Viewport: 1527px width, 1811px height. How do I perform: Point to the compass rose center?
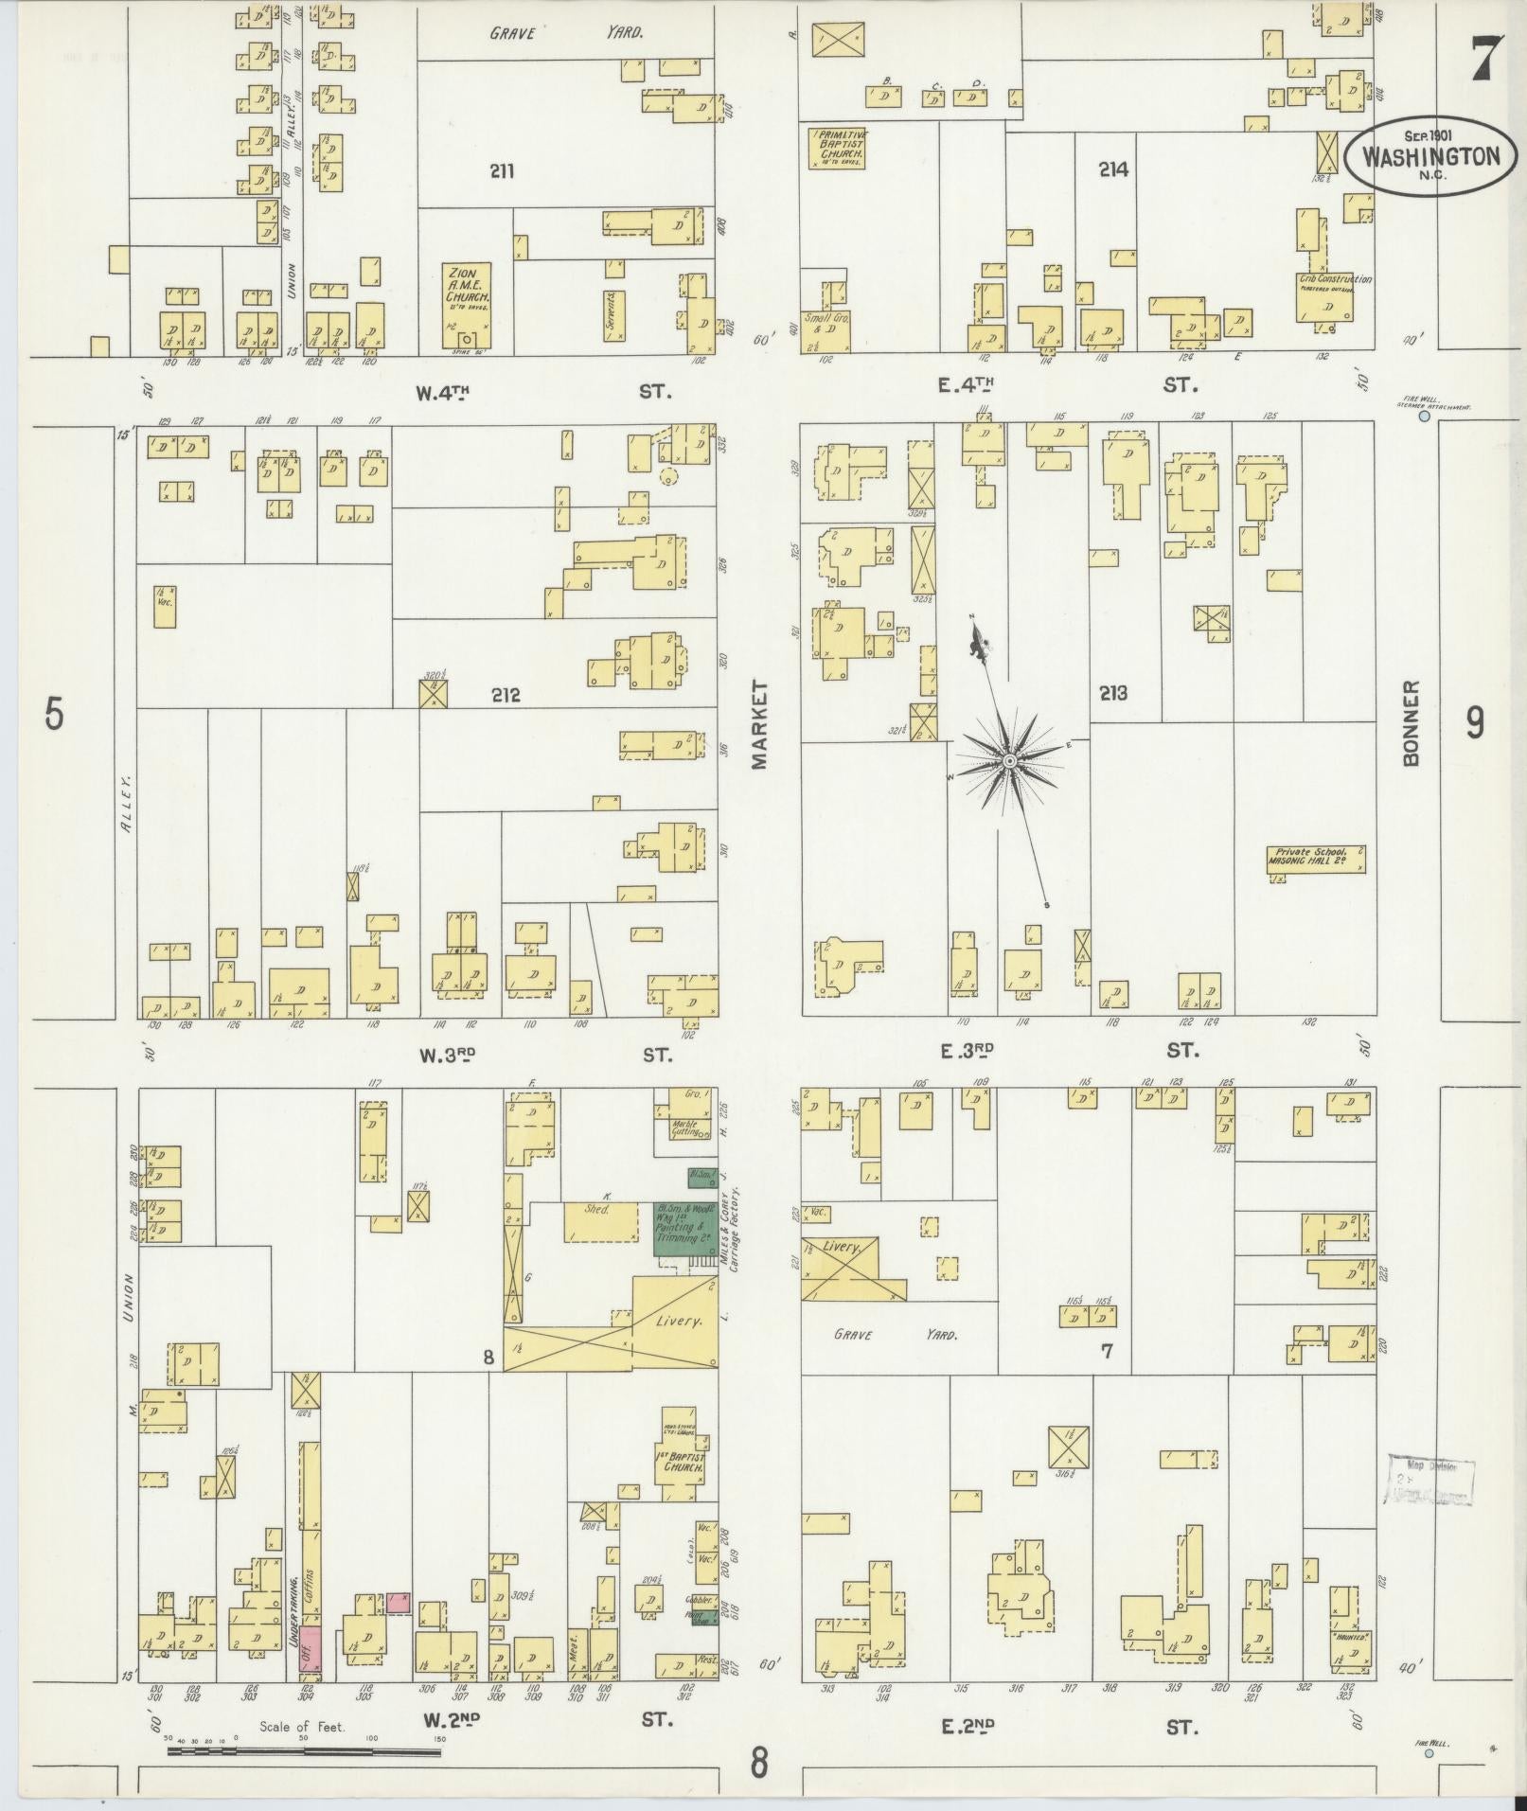[1009, 760]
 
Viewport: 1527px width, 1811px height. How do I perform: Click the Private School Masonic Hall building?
[1316, 859]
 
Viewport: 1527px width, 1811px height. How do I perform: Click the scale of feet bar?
[303, 1751]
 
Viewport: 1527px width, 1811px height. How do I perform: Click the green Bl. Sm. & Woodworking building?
[684, 1229]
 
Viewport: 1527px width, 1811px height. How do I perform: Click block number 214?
[1114, 170]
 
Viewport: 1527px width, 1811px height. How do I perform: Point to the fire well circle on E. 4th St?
[1423, 416]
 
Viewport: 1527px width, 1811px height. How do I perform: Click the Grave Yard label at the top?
[566, 34]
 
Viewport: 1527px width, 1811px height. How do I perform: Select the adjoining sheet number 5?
[54, 715]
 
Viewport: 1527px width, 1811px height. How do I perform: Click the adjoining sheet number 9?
[1474, 723]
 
